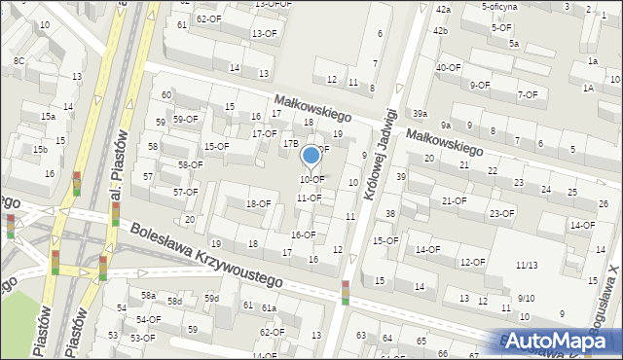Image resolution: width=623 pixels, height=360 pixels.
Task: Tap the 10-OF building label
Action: pyautogui.click(x=311, y=179)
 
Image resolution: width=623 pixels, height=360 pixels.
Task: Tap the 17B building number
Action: pyautogui.click(x=290, y=143)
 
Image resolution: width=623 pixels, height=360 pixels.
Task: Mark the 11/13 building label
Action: pyautogui.click(x=527, y=265)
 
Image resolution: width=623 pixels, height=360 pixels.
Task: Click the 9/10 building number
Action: pyautogui.click(x=526, y=298)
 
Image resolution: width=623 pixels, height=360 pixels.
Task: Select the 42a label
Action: pyautogui.click(x=443, y=9)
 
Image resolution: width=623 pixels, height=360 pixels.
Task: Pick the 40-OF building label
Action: pyautogui.click(x=449, y=67)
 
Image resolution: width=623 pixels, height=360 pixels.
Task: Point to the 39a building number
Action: pyautogui.click(x=420, y=114)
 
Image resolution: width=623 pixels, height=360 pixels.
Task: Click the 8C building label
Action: pyautogui.click(x=18, y=61)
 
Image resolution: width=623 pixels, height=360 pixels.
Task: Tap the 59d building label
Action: pyautogui.click(x=211, y=298)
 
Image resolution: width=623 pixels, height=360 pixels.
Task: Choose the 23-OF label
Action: pyautogui.click(x=501, y=213)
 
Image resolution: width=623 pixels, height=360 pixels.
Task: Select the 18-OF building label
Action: pyautogui.click(x=258, y=203)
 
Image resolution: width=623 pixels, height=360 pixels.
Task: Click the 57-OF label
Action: pyautogui.click(x=186, y=192)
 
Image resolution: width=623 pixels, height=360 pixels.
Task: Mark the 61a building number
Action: pyautogui.click(x=268, y=308)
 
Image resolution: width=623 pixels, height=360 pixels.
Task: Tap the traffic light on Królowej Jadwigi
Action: pyautogui.click(x=345, y=291)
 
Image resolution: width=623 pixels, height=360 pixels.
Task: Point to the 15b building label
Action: pyautogui.click(x=39, y=149)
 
